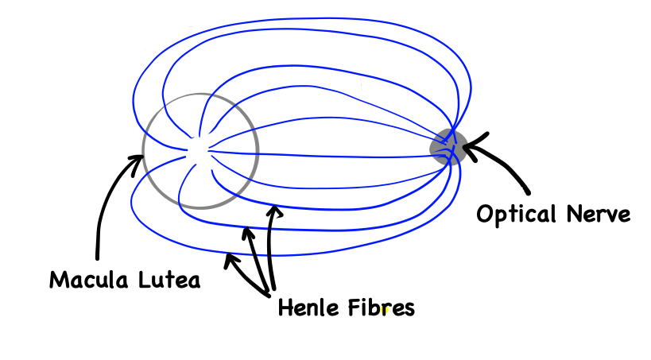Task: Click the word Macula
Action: pyautogui.click(x=88, y=281)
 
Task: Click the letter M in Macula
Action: pyautogui.click(x=58, y=281)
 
